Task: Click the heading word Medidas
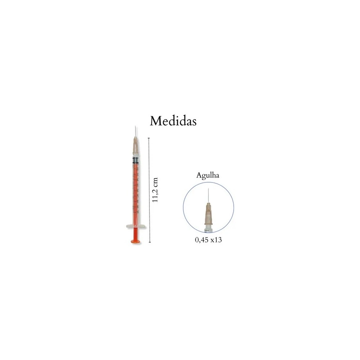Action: [x=173, y=121]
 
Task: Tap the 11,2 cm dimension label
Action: [x=155, y=190]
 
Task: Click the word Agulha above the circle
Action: [x=208, y=175]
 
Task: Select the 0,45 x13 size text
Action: [x=208, y=240]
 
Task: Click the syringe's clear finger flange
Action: [x=136, y=226]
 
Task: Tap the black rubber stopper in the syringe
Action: [x=135, y=160]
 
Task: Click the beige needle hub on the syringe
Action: [x=135, y=146]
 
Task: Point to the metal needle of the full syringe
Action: [x=135, y=131]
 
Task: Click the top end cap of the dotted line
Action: [x=149, y=138]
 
